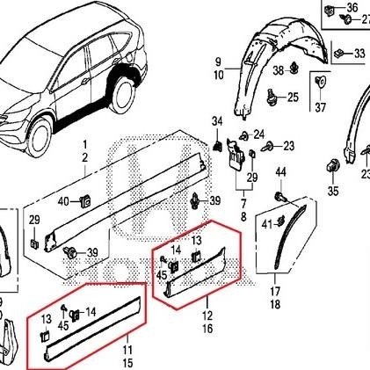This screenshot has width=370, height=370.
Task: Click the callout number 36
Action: (x=352, y=8)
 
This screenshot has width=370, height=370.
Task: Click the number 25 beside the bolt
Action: (x=293, y=97)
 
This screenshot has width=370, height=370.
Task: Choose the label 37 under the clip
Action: (x=320, y=107)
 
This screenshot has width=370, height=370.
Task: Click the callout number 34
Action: (x=217, y=120)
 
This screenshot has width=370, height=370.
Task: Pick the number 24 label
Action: (x=258, y=134)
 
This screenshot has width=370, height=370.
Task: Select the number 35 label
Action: (x=333, y=190)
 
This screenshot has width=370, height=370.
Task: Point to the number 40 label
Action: (x=62, y=202)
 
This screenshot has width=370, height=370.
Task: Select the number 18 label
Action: (x=274, y=304)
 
